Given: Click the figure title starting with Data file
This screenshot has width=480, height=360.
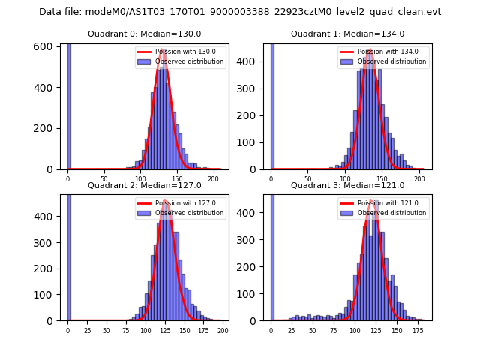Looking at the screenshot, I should [240, 12].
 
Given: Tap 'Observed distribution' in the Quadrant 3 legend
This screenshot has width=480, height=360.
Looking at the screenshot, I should [391, 213].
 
